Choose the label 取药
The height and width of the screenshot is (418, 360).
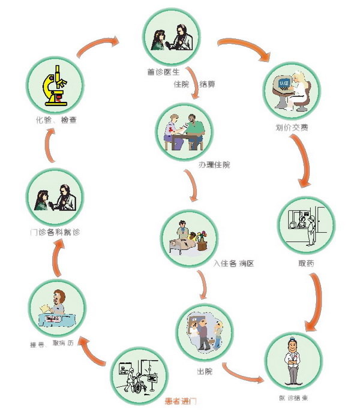[x=305, y=263]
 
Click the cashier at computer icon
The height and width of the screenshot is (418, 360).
[x=289, y=92]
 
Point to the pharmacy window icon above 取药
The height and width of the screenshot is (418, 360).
[x=306, y=226]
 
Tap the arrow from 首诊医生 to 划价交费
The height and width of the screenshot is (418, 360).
[x=242, y=49]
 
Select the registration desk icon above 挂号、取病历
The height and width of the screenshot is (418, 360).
[x=55, y=308]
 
